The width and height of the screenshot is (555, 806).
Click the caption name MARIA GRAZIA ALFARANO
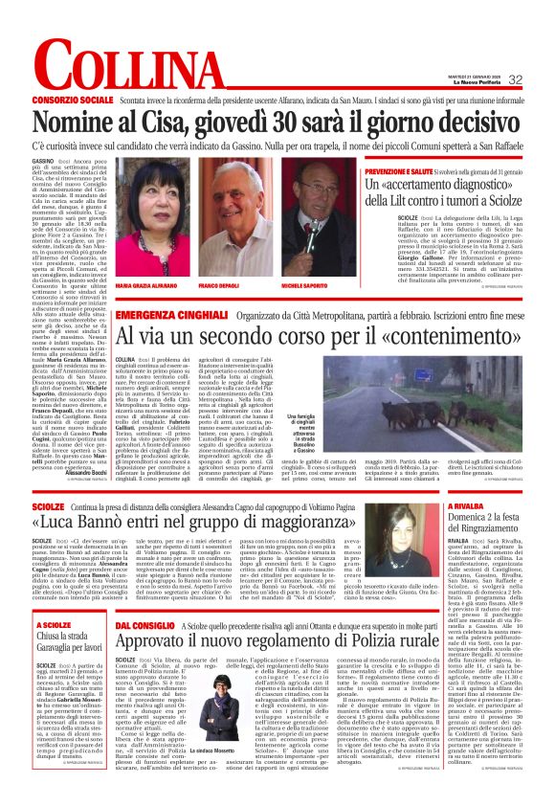[x=146, y=286]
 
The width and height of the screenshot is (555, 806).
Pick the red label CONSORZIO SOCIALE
[x=73, y=100]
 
